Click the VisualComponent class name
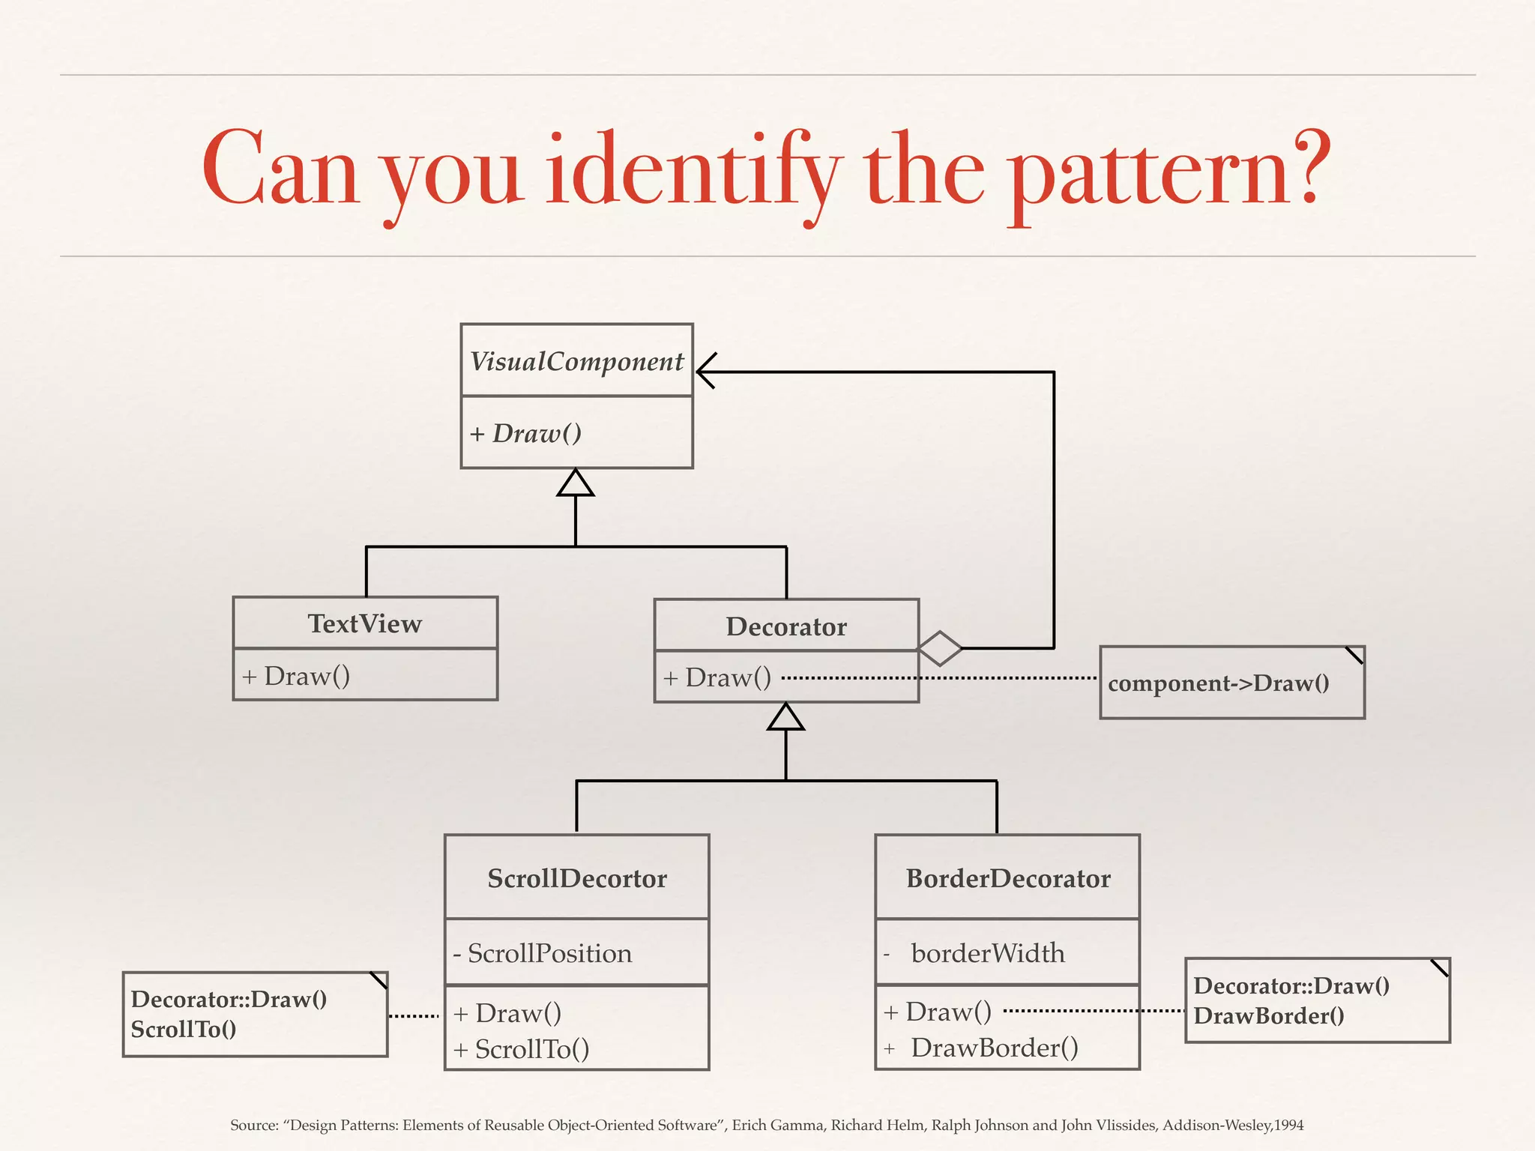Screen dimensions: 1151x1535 576,362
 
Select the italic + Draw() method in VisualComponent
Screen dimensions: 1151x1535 526,434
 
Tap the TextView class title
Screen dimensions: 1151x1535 365,624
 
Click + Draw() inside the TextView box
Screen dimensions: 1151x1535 297,677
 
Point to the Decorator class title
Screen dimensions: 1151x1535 786,626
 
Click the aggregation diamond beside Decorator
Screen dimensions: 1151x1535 940,648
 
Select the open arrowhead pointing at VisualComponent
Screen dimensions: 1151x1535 706,371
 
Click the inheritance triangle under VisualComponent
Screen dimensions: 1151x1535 576,483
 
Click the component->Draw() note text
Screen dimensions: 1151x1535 1219,683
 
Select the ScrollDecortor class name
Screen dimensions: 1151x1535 577,878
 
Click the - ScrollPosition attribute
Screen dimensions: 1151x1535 543,953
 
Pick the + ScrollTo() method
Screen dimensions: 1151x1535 522,1049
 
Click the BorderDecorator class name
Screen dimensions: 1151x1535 1008,878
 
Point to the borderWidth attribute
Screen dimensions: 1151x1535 988,953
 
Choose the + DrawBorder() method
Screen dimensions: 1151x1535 982,1048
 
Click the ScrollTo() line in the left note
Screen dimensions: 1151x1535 184,1030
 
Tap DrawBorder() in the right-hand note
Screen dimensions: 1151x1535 1269,1016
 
